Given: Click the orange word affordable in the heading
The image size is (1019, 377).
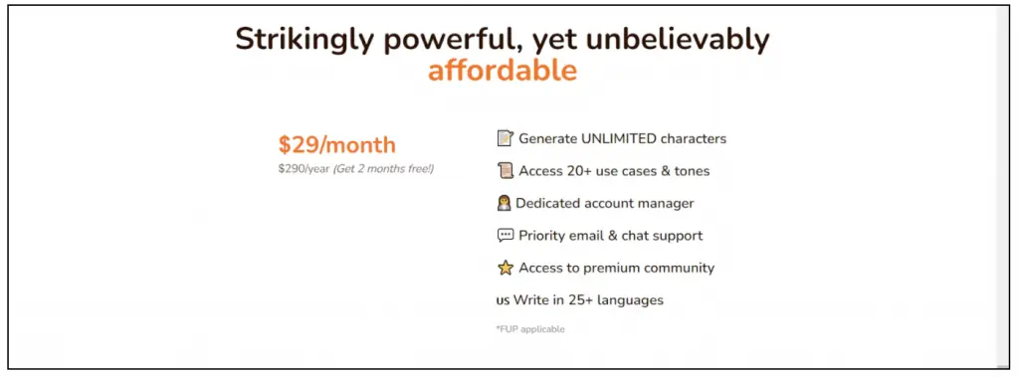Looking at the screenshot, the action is [503, 71].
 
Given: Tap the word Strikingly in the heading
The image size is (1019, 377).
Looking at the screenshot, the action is [305, 40].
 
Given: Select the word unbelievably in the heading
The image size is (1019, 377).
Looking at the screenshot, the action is [678, 40].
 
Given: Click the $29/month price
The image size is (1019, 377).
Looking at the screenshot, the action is [336, 144].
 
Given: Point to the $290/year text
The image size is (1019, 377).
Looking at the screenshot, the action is [305, 169].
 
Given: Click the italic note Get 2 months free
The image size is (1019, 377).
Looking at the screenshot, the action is [383, 169].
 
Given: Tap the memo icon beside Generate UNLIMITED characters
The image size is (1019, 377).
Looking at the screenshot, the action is [505, 138].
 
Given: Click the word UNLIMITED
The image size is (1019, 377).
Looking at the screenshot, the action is [619, 138].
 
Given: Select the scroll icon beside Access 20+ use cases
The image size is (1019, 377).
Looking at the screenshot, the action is [505, 171].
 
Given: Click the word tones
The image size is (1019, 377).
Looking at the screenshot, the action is [691, 172].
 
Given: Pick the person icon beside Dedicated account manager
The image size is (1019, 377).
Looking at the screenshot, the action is [504, 203].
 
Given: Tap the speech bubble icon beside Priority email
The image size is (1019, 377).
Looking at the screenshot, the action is [505, 236].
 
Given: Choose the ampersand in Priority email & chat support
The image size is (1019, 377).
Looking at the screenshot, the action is [613, 236].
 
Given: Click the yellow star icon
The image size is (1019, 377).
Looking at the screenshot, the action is [505, 268].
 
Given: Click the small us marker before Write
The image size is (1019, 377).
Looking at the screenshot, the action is [503, 301].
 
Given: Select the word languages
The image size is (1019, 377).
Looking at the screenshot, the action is [630, 300].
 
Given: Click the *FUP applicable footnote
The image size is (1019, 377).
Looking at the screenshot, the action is [530, 329].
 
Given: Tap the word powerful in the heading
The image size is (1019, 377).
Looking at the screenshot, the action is [453, 40].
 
